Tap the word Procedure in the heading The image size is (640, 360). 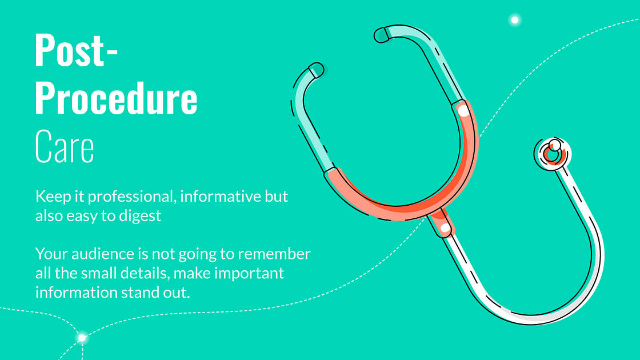tap(117, 98)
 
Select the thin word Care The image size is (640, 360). tap(65, 146)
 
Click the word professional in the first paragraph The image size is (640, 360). tap(132, 197)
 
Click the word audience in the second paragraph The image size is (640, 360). tap(103, 254)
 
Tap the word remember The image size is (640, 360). tap(274, 254)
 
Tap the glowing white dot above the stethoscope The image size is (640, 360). tap(515, 19)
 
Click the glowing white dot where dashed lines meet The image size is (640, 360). tap(82, 338)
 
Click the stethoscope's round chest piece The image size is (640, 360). tap(553, 154)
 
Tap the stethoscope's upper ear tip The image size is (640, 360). tap(381, 35)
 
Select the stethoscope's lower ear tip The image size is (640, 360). tap(317, 70)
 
